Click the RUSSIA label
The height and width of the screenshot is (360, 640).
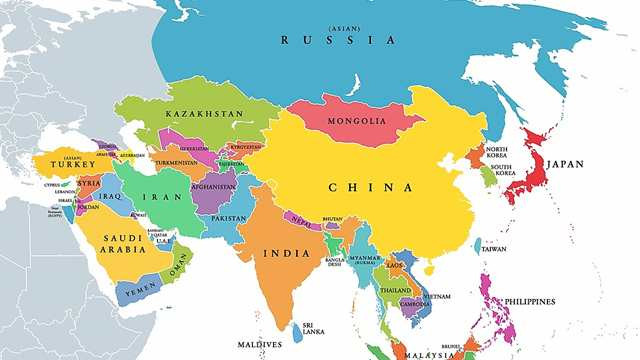[x=338, y=40]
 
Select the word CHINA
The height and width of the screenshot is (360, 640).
[x=371, y=187]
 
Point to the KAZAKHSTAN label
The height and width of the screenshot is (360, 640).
[x=205, y=115]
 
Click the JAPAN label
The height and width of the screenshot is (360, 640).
[x=565, y=165]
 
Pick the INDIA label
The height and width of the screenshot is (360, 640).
[x=286, y=253]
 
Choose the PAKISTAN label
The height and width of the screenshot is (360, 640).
[x=228, y=218]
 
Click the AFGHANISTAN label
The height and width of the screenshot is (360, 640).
[x=212, y=185]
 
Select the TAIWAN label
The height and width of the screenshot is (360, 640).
[x=494, y=249]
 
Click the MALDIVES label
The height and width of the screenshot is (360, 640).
[x=258, y=346]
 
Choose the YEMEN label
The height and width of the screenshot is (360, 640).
[x=138, y=290]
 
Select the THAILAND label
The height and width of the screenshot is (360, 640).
[x=395, y=291]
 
